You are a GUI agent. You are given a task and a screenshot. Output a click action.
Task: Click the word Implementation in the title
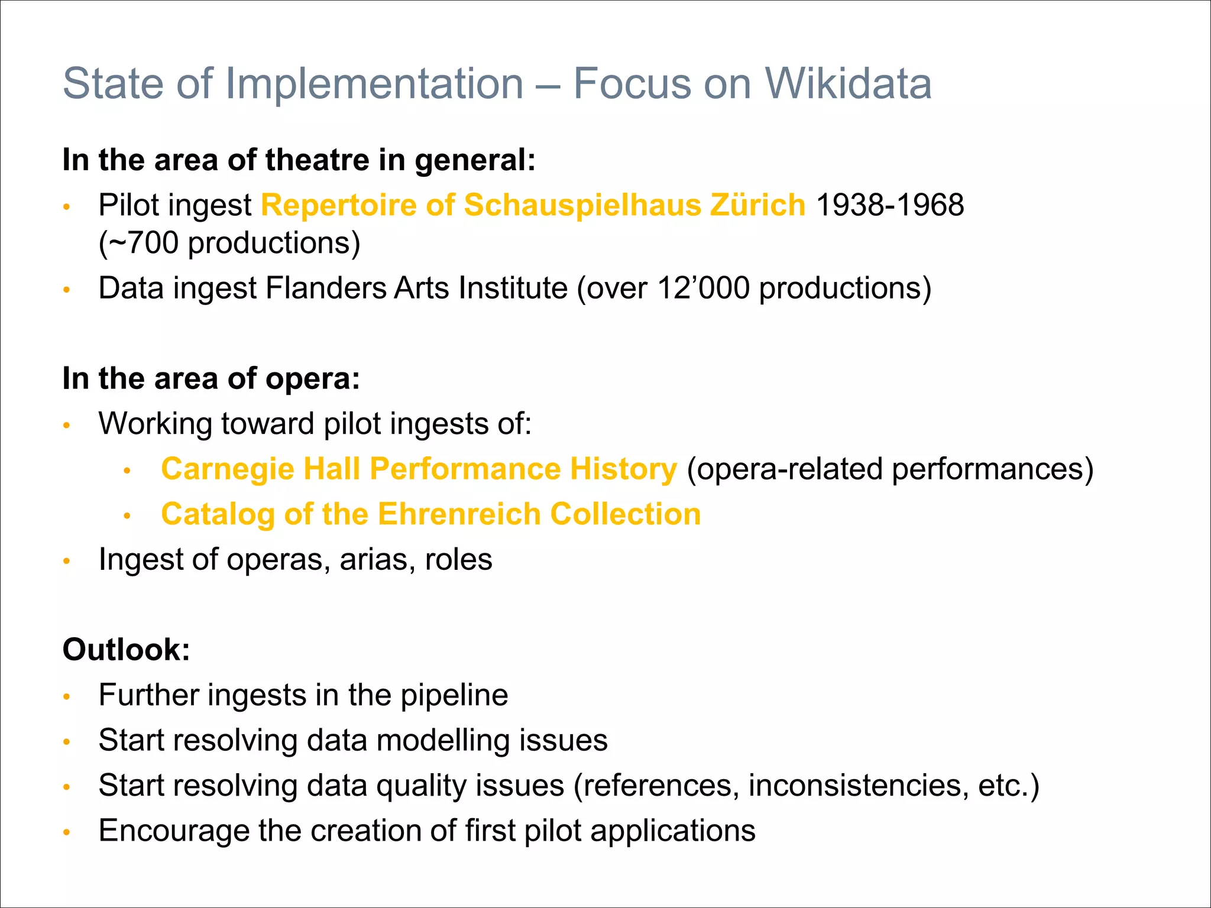pos(374,83)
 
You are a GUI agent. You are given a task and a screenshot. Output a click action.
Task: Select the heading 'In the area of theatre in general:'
pos(299,160)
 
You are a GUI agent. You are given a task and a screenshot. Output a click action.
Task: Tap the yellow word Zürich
pos(757,205)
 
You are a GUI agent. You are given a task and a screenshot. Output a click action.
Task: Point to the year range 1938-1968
pos(890,205)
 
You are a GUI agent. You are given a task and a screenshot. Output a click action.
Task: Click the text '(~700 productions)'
pos(229,243)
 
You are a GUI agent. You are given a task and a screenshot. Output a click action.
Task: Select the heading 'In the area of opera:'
pos(211,378)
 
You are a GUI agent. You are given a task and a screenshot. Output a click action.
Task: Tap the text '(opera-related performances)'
pos(890,469)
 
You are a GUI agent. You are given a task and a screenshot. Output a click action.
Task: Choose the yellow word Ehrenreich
pos(459,514)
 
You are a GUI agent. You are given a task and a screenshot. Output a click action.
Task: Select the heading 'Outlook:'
pos(127,650)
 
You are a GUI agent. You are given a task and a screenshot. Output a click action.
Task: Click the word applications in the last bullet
pos(673,831)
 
